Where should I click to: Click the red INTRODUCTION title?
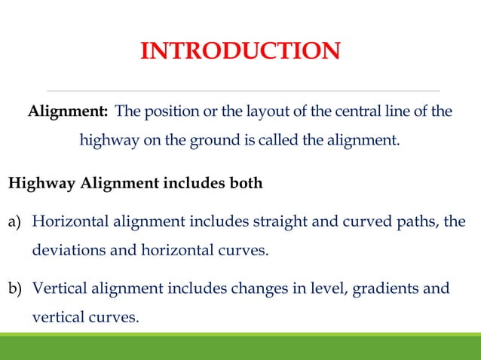point(240,51)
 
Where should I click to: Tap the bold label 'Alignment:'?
point(68,112)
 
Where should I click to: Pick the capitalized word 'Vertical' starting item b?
point(59,289)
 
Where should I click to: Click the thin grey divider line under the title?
point(240,81)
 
